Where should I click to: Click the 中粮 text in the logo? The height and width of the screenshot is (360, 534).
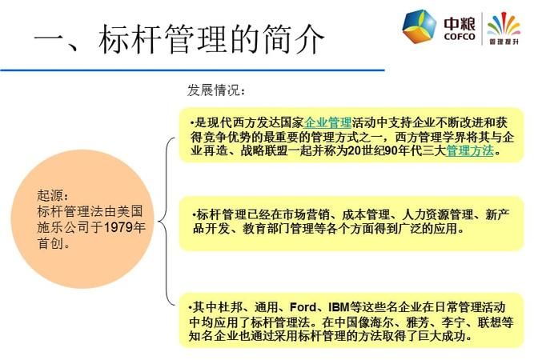(x=459, y=22)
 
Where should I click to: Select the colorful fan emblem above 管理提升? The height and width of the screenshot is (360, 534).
(x=504, y=22)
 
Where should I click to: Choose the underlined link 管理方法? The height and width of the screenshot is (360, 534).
(x=470, y=150)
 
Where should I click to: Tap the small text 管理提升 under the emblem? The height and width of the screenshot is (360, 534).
(x=503, y=40)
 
